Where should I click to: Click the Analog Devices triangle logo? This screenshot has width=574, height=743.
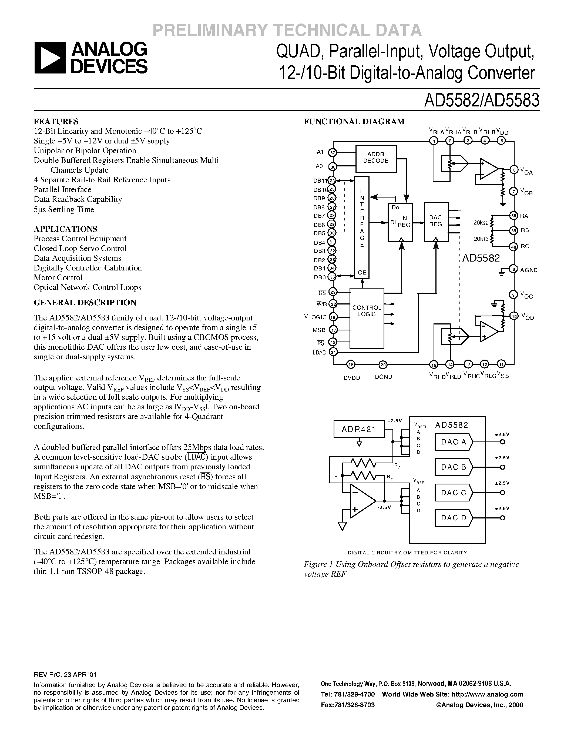50,58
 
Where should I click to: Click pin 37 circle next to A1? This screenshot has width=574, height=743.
333,153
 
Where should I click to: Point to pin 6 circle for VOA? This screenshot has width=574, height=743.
514,170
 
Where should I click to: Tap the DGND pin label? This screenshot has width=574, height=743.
384,377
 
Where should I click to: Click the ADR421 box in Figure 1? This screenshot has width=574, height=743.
359,429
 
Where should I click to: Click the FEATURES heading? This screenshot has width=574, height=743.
56,122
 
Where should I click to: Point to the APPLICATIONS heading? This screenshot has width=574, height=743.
65,229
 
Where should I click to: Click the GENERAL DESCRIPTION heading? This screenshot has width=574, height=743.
85,302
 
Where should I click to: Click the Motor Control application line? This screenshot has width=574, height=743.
58,277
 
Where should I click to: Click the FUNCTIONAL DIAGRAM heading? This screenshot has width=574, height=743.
354,122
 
